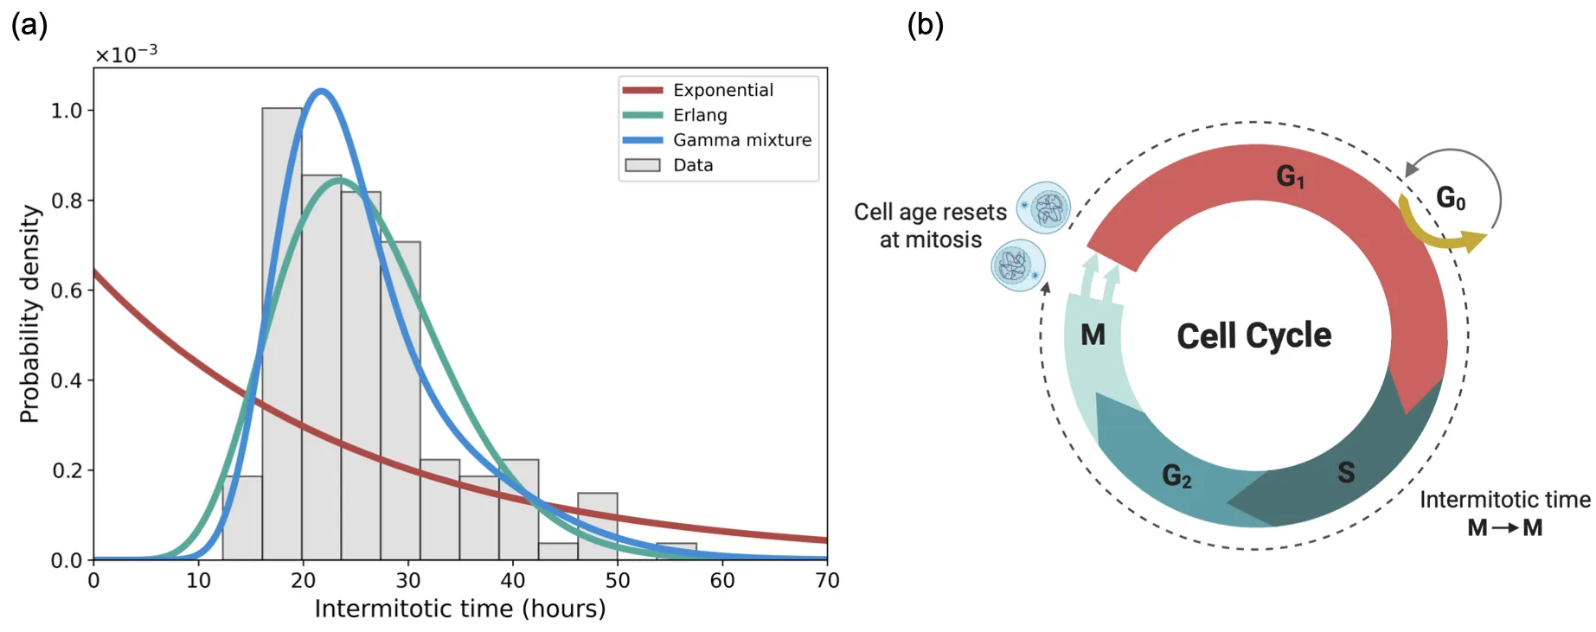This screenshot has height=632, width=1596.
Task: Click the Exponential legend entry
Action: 722,90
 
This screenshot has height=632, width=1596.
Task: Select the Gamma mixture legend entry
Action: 741,140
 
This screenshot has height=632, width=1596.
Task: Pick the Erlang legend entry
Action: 700,115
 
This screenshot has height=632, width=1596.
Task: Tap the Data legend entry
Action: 693,165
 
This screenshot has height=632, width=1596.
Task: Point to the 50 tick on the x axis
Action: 618,580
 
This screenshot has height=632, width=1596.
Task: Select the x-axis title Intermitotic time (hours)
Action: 460,609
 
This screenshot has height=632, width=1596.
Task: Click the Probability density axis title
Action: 29,313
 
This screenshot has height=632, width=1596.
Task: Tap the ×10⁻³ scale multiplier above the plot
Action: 126,54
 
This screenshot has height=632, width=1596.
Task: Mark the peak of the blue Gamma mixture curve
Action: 322,91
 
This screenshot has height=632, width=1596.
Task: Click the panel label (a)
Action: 29,24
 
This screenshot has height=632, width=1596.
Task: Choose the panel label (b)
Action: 925,24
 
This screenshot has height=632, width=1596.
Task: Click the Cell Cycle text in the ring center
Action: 1253,335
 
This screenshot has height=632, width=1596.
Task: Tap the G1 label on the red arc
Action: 1290,176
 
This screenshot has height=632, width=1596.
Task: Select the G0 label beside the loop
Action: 1451,198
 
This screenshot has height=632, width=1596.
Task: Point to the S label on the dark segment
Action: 1346,472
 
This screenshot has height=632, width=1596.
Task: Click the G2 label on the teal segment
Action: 1176,475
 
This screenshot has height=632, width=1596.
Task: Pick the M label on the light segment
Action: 1093,335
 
